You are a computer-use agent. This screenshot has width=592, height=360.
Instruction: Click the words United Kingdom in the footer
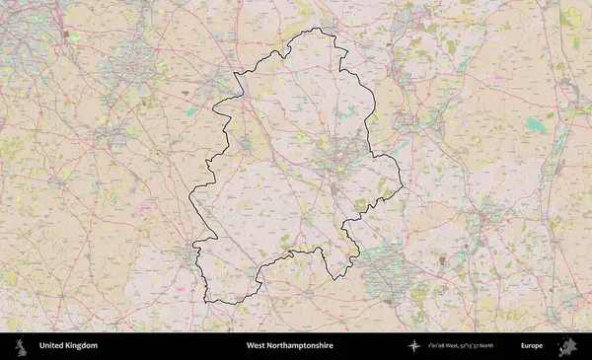[x=68, y=346]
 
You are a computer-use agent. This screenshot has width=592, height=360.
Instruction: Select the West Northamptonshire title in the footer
[x=289, y=346]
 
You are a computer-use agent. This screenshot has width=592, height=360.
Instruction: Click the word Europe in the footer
[x=532, y=346]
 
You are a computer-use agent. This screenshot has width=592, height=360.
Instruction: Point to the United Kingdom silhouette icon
[x=20, y=346]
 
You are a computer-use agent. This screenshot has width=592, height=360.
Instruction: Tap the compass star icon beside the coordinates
[x=421, y=346]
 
